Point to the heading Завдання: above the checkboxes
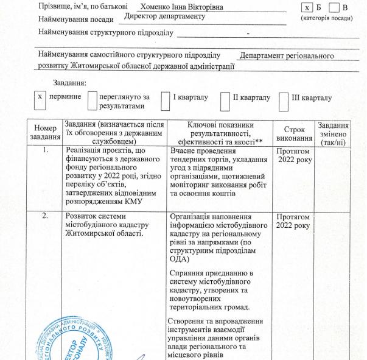point(69,82)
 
